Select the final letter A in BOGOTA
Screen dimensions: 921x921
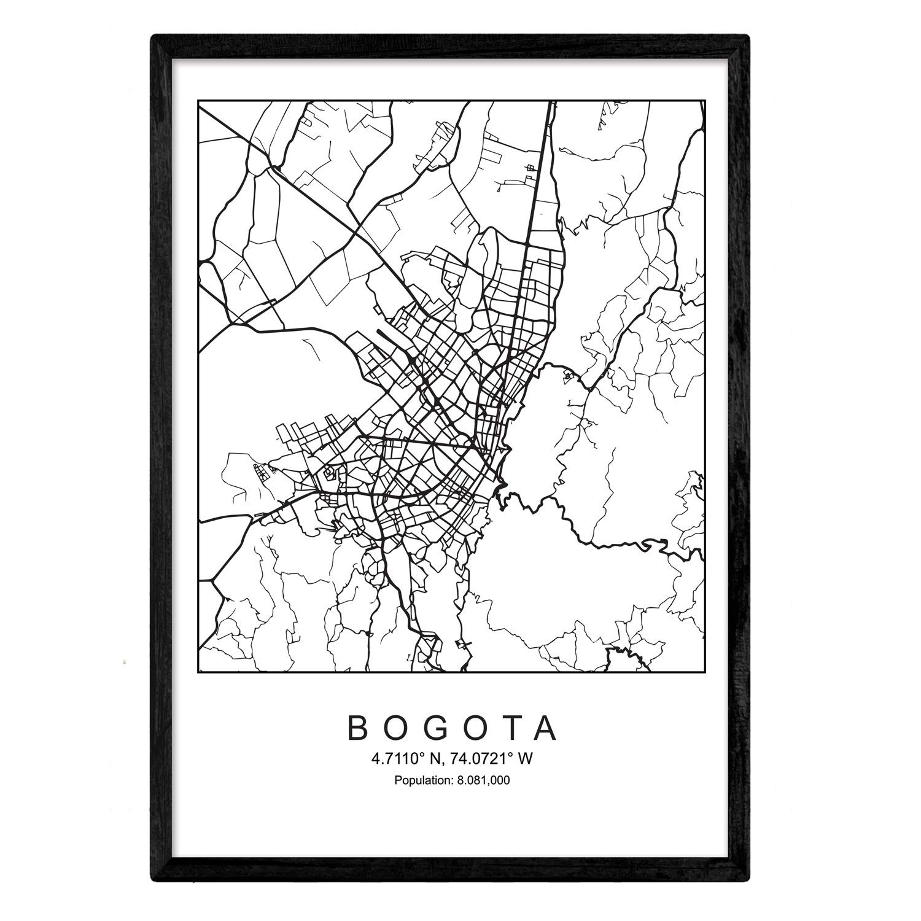(546, 728)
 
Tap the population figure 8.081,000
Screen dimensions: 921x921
(484, 781)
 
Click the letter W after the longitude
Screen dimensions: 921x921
(524, 759)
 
